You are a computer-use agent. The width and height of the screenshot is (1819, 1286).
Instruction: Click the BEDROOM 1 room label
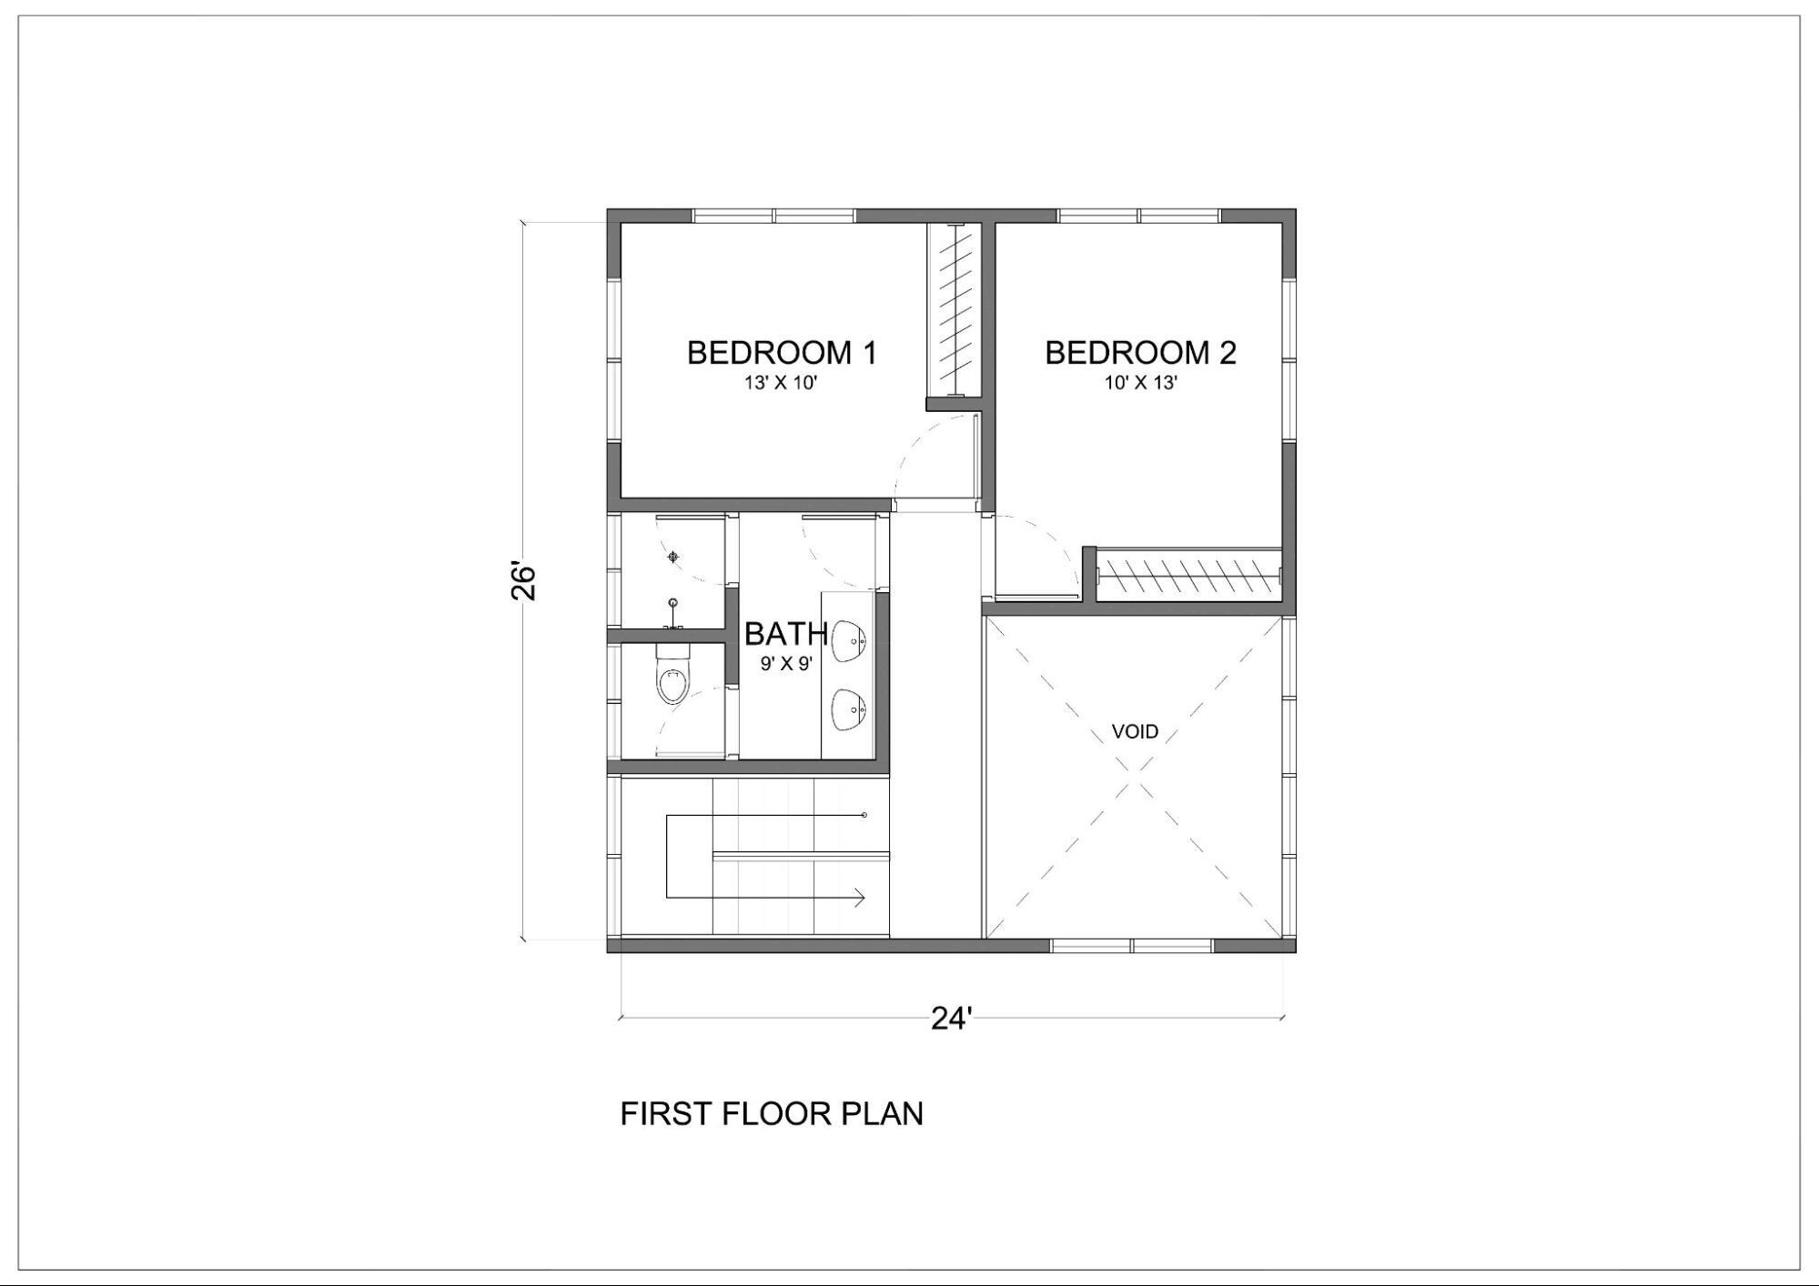(782, 353)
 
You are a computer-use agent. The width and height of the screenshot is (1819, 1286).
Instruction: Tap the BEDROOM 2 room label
(1140, 353)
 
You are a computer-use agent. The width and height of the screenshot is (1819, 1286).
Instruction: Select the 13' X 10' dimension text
(781, 383)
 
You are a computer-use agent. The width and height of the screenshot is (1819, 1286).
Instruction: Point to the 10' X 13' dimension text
(1141, 383)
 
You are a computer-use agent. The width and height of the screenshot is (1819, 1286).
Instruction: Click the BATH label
(786, 633)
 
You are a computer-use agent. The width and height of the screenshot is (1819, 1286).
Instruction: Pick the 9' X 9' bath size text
(786, 664)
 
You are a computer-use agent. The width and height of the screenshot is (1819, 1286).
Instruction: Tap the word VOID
(1135, 732)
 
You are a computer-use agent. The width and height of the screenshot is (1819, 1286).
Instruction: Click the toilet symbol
(673, 674)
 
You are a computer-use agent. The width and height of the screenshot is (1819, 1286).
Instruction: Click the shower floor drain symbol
(673, 557)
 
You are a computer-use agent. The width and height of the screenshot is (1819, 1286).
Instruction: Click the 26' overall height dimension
(523, 582)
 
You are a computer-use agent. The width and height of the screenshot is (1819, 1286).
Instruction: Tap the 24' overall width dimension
(952, 1020)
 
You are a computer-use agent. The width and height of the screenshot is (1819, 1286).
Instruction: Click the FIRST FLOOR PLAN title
(772, 1114)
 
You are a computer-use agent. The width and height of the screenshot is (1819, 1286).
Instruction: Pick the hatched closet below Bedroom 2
(1188, 575)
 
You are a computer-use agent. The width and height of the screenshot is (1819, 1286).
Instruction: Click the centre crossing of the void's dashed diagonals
(1134, 779)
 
